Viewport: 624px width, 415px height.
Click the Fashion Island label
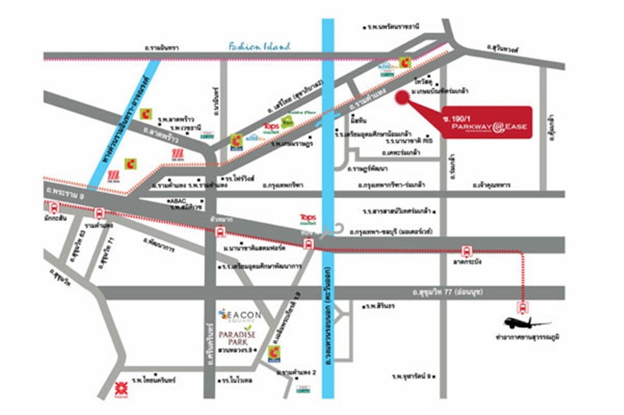click(260, 46)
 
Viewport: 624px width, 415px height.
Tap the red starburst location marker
click(402, 97)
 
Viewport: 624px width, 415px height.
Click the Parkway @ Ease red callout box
click(486, 123)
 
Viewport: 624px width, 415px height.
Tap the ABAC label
click(177, 201)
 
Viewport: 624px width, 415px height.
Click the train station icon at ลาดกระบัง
click(466, 249)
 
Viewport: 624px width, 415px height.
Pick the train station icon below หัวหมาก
click(220, 232)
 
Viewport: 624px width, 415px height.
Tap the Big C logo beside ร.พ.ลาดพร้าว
click(146, 113)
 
